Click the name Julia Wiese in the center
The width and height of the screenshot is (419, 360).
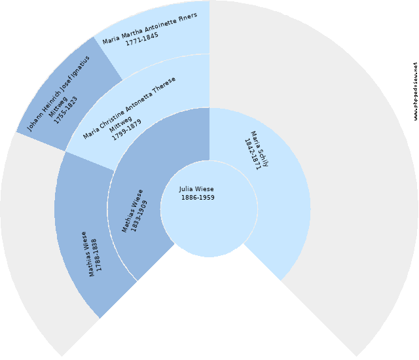click(196, 189)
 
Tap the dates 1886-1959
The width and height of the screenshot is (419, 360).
click(198, 198)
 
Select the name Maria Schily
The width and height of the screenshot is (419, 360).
click(259, 149)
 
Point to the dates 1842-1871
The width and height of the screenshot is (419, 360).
click(253, 154)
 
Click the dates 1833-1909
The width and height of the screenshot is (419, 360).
click(139, 216)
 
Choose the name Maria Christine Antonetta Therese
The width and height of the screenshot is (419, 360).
click(129, 108)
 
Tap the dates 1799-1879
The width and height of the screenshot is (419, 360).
click(126, 130)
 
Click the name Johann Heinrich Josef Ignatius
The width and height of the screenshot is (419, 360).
click(58, 94)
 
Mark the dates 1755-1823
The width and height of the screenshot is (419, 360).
click(65, 110)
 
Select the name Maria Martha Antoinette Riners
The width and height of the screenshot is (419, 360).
click(150, 28)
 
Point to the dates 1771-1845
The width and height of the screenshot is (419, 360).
click(142, 39)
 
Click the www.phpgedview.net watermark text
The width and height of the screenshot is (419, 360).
click(416, 92)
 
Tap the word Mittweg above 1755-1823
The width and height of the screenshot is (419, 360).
click(58, 107)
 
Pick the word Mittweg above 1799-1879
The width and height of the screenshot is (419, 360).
click(120, 124)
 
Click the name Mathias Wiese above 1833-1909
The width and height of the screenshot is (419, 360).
click(132, 211)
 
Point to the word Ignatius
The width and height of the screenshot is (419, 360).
click(81, 65)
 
